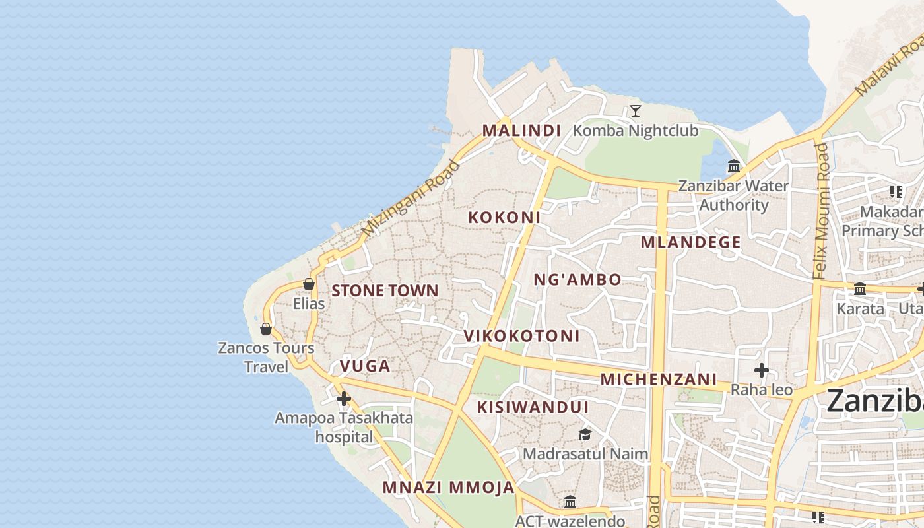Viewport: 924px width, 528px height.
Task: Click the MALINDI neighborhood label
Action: click(521, 130)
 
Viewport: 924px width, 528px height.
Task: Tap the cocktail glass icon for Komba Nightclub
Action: click(635, 110)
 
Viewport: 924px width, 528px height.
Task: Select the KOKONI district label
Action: click(504, 217)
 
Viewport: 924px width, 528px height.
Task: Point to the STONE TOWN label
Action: click(385, 290)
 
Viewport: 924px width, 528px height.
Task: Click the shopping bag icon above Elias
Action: click(308, 284)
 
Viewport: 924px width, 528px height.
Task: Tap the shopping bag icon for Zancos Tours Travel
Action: click(266, 328)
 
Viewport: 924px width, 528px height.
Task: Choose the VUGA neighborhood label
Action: click(365, 366)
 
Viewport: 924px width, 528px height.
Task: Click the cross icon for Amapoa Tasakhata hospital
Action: click(343, 399)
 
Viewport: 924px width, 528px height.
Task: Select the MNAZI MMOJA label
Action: click(448, 488)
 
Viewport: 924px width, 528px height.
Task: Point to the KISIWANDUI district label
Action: click(533, 407)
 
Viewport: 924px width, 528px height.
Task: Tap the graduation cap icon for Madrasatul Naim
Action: click(585, 434)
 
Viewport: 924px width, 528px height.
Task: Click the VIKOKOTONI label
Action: click(521, 336)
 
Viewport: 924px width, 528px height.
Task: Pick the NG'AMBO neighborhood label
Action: click(577, 279)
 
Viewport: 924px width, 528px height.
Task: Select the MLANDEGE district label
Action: click(690, 242)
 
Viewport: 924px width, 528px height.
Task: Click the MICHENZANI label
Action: click(658, 379)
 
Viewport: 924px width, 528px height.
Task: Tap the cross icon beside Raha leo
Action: click(761, 370)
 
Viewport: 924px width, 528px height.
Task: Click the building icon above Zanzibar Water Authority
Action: click(733, 166)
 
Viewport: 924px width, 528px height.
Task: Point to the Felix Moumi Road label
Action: click(820, 211)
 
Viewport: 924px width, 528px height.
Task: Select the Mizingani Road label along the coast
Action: click(411, 198)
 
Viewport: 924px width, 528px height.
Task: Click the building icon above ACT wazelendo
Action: click(570, 502)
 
